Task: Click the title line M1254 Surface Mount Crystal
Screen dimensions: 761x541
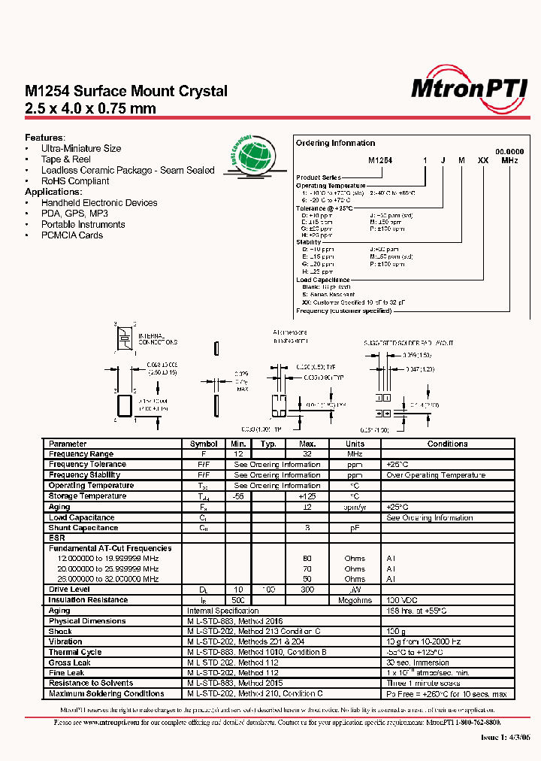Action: coord(126,91)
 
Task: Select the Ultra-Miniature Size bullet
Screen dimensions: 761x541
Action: coord(80,149)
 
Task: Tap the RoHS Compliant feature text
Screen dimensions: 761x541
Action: coord(74,181)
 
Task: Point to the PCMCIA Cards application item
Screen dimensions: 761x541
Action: coord(71,235)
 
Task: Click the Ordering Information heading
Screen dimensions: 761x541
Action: coord(335,143)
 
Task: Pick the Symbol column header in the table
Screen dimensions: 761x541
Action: coord(204,444)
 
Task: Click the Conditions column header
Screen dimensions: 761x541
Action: coord(447,444)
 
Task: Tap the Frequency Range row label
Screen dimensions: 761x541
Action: coord(80,454)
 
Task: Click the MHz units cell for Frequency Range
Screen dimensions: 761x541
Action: coord(355,454)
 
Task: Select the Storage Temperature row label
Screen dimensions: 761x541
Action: coord(86,496)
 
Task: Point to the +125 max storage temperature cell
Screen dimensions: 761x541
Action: coord(307,496)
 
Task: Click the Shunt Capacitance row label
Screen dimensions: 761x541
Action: coord(81,528)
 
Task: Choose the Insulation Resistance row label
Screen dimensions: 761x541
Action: coord(88,600)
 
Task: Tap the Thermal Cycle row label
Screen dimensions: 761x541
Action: coord(74,652)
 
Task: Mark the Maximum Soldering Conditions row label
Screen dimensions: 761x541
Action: coord(106,693)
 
